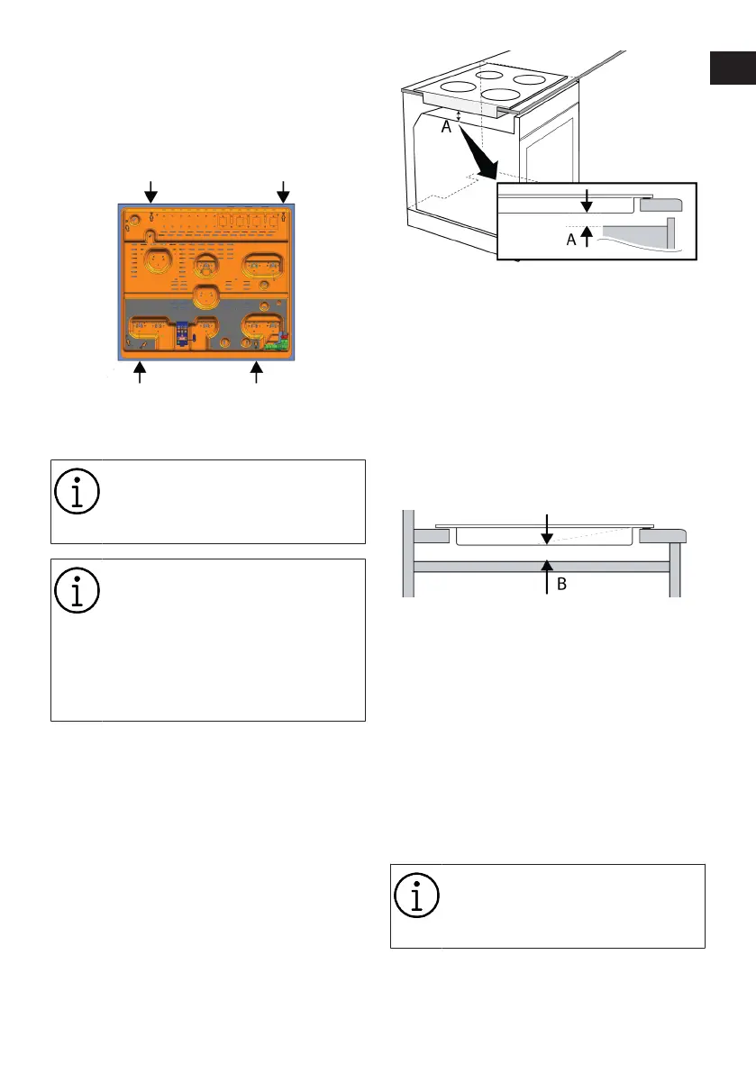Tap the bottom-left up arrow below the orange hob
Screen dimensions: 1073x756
pos(140,372)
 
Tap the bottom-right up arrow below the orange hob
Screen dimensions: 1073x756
pos(258,372)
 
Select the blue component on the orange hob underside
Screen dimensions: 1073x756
pos(182,332)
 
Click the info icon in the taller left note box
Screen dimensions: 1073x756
pos(76,587)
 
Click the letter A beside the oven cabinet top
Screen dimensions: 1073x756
pos(444,129)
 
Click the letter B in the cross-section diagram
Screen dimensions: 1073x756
pos(561,583)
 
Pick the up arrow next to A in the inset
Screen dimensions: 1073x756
pos(587,237)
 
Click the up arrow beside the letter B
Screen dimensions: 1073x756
pos(546,576)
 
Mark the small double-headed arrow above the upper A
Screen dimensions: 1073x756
pos(459,114)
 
